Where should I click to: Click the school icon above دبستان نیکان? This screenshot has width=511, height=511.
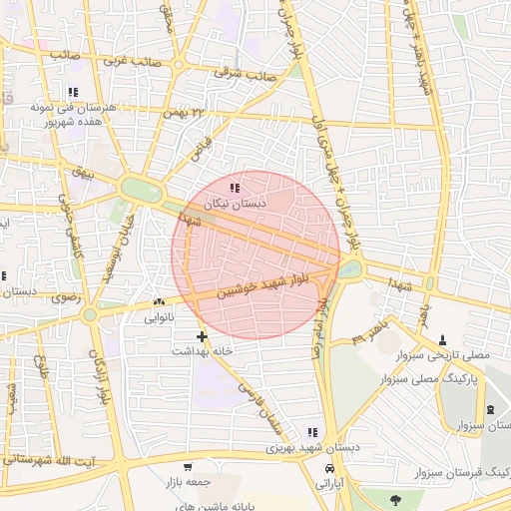235,188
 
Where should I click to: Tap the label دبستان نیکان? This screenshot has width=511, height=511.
235,204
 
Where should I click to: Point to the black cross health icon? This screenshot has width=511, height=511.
203,336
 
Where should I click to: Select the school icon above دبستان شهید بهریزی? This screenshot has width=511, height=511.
312,432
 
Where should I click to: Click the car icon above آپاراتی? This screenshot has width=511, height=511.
329,466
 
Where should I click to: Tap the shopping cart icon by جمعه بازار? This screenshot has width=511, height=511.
187,466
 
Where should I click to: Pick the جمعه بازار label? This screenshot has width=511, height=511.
187,481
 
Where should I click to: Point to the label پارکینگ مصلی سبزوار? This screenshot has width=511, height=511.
429,380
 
